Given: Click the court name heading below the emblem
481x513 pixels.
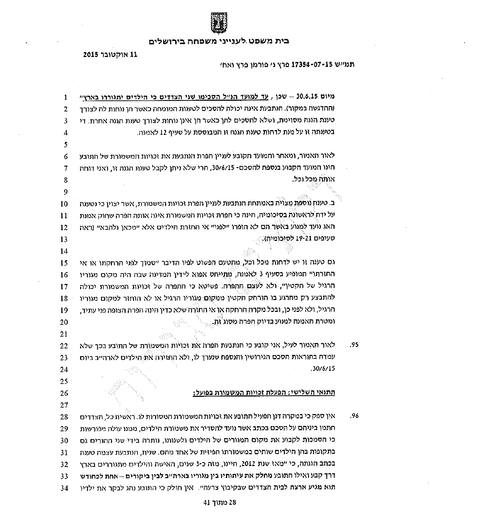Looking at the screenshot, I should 219,41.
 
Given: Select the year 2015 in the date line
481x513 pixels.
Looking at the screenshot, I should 92,55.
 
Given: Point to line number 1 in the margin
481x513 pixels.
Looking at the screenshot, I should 65,97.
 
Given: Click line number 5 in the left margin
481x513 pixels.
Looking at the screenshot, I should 65,145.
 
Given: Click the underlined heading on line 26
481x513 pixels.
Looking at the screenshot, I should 264,393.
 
